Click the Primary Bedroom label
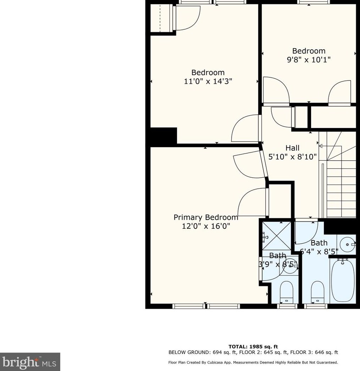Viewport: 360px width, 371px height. pyautogui.click(x=206, y=217)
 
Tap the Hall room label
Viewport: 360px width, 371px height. pyautogui.click(x=292, y=148)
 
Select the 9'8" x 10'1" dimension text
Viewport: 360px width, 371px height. pyautogui.click(x=309, y=59)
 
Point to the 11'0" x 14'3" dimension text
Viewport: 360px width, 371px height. pyautogui.click(x=208, y=81)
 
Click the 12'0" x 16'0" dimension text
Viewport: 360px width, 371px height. pyautogui.click(x=206, y=226)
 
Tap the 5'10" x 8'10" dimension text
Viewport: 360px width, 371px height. pyautogui.click(x=292, y=157)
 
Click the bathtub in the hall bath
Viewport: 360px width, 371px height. pyautogui.click(x=343, y=281)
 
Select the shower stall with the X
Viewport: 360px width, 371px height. pyautogui.click(x=277, y=236)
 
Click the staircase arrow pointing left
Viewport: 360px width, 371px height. pyautogui.click(x=330, y=146)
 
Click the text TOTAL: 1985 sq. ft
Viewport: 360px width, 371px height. pyautogui.click(x=253, y=347)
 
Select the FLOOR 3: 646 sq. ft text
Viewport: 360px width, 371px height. pyautogui.click(x=314, y=352)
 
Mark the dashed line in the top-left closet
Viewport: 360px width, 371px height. pyautogui.click(x=160, y=18)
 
